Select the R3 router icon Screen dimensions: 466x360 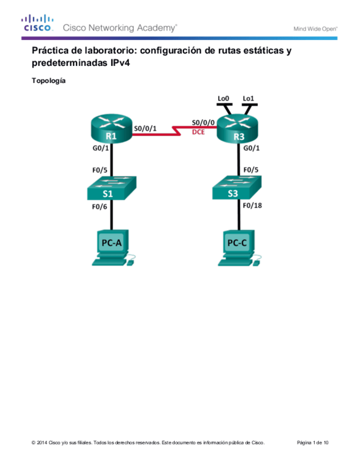237,130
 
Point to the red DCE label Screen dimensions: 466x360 198,132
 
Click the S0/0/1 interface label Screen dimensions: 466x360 145,129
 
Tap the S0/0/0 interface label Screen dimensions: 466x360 202,123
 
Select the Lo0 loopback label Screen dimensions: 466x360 223,99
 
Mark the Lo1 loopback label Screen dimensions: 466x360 248,99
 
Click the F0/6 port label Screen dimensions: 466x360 98,208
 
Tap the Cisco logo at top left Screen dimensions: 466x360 37,24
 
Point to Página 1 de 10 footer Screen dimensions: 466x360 313,442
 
